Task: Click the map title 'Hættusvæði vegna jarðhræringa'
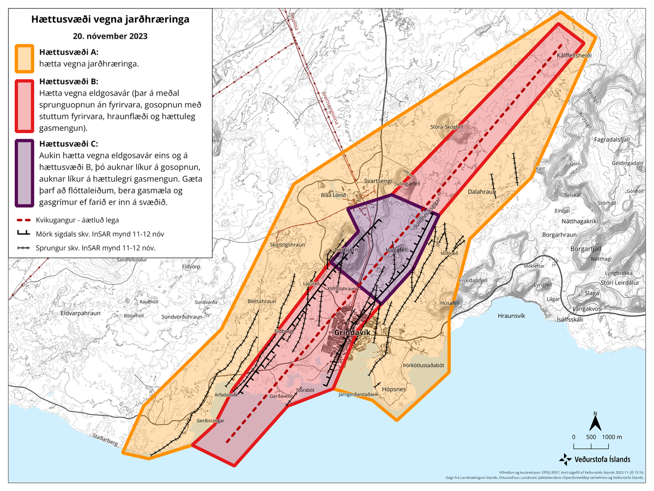pos(111,20)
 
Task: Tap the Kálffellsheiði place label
pos(574,56)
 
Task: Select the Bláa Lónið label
pos(334,195)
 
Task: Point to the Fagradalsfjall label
pos(611,140)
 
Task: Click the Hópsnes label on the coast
pos(394,390)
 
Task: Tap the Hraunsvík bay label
pos(511,316)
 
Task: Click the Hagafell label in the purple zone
pos(396,250)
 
